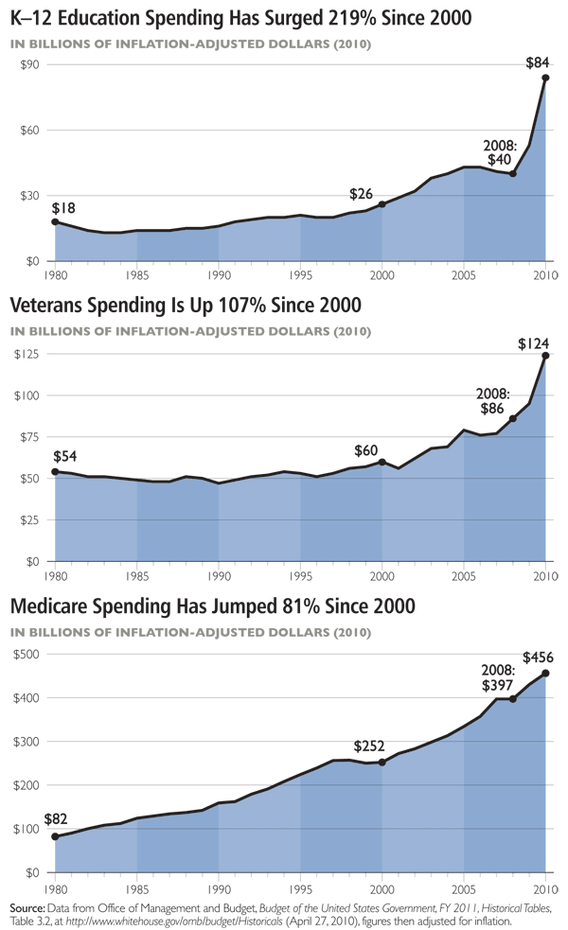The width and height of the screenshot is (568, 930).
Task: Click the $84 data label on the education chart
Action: [x=537, y=63]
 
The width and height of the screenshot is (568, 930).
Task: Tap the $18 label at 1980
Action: [x=64, y=207]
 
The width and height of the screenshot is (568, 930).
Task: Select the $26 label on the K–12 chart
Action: [x=361, y=194]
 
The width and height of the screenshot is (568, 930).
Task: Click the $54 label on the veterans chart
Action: [x=64, y=457]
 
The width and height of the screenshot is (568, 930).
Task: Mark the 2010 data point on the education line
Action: [x=545, y=78]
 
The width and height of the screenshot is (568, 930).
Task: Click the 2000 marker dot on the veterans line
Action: [x=382, y=462]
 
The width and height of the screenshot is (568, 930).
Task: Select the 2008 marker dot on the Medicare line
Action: [x=512, y=699]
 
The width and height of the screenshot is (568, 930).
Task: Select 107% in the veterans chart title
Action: [x=245, y=307]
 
